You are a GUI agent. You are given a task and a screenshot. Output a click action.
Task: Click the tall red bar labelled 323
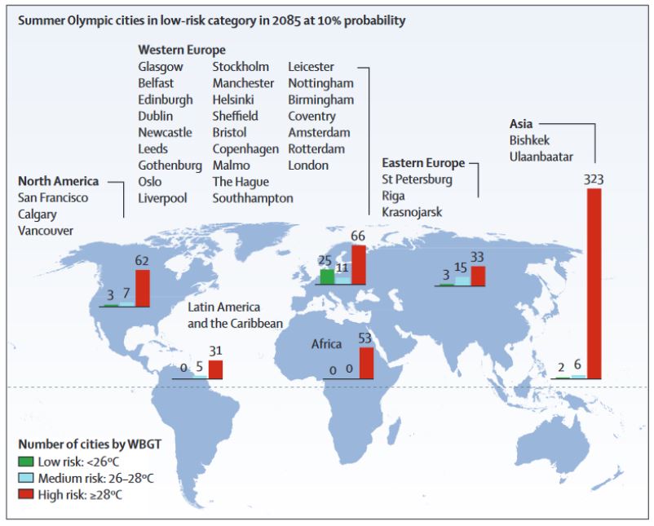[x=594, y=284]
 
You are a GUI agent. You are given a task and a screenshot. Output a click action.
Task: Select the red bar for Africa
[x=367, y=363]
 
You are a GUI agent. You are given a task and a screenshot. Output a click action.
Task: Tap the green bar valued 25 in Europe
[x=325, y=276]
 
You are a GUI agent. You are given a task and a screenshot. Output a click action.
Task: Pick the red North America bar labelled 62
[x=143, y=288]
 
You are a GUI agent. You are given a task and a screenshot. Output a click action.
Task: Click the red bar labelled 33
[x=478, y=276]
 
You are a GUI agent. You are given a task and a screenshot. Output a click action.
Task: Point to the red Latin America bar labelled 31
[x=215, y=369]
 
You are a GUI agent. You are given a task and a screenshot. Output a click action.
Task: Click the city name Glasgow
[x=161, y=67]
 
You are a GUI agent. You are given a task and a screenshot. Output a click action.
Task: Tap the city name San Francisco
[x=53, y=197]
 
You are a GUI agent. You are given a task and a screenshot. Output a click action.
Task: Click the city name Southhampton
[x=253, y=197]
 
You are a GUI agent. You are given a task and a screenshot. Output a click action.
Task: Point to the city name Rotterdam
[x=316, y=148]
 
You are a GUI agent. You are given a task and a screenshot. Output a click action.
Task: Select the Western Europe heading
[x=182, y=50]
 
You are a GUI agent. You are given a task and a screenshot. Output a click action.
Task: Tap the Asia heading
[x=521, y=123]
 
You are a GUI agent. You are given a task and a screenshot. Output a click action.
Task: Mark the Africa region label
[x=326, y=344]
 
